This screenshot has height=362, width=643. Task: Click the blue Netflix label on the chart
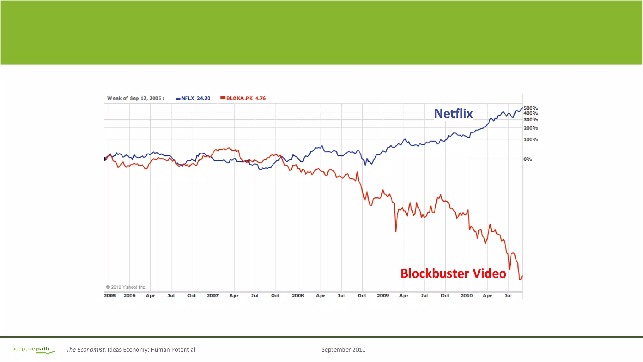coord(453,114)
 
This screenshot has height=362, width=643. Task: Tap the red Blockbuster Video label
coord(453,273)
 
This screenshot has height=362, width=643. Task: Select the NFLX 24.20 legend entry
coord(193,98)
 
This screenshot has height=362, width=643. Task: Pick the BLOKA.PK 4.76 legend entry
coord(243,98)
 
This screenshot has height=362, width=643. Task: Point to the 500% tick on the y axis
coord(531,108)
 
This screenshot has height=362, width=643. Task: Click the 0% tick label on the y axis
coord(527,159)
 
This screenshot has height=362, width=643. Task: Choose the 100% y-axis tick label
coord(531,139)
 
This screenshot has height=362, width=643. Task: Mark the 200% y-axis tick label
coord(531,128)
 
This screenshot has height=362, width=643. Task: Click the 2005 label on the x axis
coord(110,295)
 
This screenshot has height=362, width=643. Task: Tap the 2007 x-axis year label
coord(213,295)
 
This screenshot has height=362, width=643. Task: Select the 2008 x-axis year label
coord(298,295)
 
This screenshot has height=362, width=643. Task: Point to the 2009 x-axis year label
coord(383,295)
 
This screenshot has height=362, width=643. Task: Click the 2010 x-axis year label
coord(467,295)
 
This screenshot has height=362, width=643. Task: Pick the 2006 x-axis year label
coord(129,295)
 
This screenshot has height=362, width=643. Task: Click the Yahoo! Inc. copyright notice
coord(126,287)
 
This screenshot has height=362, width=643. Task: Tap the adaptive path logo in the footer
coord(33,350)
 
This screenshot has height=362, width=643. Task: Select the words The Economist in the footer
coord(85,350)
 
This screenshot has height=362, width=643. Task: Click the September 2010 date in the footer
coord(343,350)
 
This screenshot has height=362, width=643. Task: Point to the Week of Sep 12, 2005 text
coord(136,98)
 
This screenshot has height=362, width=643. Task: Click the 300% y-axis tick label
coord(531,120)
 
